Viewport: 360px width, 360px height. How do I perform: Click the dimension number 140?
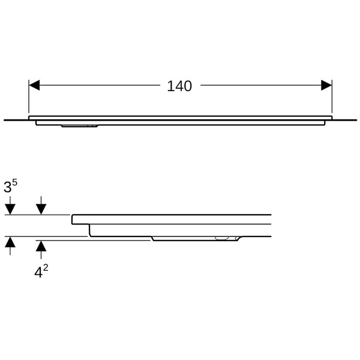click(x=179, y=86)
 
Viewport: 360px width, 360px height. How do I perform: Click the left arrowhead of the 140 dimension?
click(x=34, y=85)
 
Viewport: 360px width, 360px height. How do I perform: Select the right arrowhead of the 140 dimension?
click(x=326, y=85)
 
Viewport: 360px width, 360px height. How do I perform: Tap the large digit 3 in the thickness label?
click(x=8, y=187)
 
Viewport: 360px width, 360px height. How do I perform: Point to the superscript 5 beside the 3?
click(x=14, y=182)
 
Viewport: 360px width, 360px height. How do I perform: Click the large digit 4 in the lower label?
click(x=38, y=272)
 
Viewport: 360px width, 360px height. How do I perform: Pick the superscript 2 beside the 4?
click(x=46, y=268)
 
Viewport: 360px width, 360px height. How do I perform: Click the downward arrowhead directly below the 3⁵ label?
click(x=10, y=209)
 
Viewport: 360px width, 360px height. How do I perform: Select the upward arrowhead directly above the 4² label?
click(x=41, y=246)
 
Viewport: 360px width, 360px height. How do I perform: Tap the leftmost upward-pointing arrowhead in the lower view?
click(x=10, y=242)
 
